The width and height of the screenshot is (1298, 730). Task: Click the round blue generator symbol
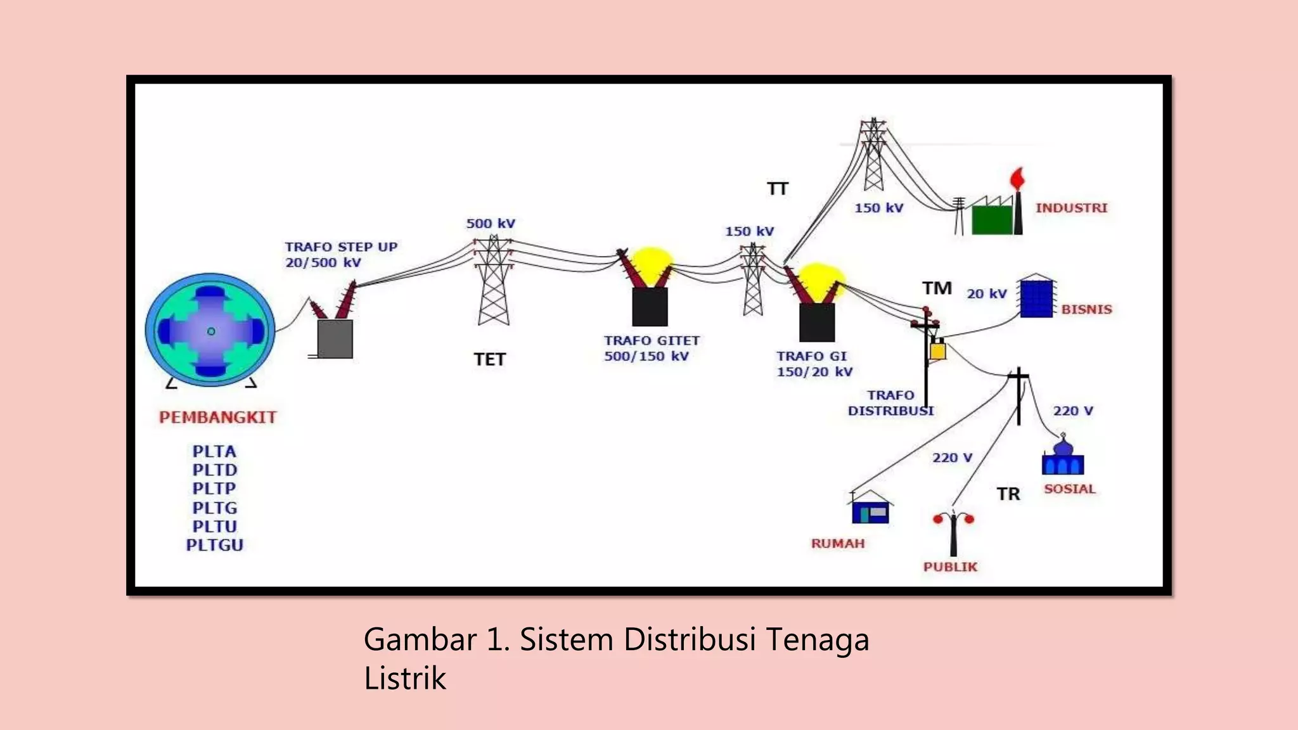[x=210, y=330]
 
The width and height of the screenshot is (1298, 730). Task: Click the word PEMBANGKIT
[x=217, y=417]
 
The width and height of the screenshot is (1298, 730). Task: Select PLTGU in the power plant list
[x=214, y=545]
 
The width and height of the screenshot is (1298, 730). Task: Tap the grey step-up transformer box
[x=335, y=339]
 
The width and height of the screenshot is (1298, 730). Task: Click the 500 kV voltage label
[x=491, y=224]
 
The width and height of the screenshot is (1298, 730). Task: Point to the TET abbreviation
[x=489, y=359]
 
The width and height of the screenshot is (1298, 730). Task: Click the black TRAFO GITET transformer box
[x=650, y=307]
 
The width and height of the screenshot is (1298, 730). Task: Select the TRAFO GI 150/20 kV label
[x=814, y=364]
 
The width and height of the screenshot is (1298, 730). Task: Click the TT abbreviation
[x=777, y=189]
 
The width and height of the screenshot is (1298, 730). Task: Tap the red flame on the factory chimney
[x=1017, y=179]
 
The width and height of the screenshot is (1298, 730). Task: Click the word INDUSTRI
[x=1071, y=208]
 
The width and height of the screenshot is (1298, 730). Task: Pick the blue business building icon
[x=1036, y=297]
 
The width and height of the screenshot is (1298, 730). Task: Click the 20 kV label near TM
[x=986, y=293]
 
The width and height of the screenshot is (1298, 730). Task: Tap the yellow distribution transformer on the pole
[x=937, y=350]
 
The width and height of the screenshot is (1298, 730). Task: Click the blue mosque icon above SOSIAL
[x=1063, y=458]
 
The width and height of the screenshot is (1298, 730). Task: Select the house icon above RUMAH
[x=870, y=508]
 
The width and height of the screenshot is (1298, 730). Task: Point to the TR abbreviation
[x=1008, y=494]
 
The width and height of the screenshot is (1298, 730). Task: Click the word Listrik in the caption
[x=405, y=678]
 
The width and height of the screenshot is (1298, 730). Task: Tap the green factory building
[x=992, y=219]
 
